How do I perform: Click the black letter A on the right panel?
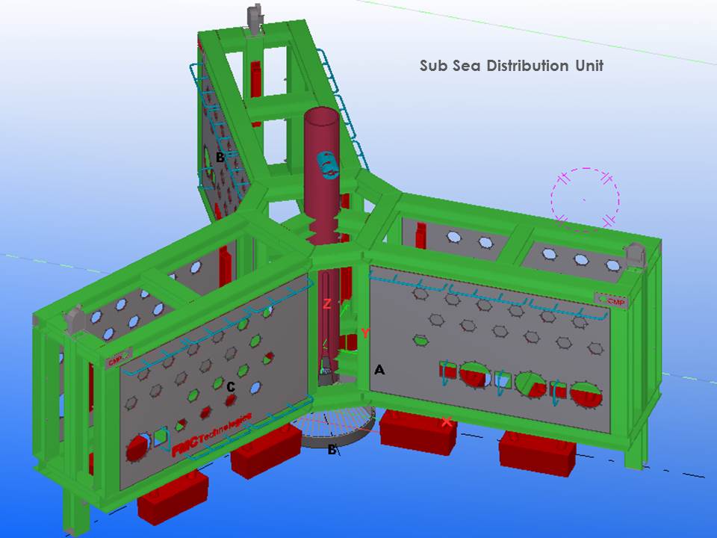tap(379, 370)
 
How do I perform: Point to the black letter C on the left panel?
tap(231, 386)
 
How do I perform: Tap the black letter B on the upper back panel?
tap(220, 158)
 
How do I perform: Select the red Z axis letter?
tap(326, 303)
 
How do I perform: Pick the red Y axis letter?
tap(364, 333)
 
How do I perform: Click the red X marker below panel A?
tap(447, 422)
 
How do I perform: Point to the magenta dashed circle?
tap(586, 199)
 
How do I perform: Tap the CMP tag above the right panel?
tap(612, 300)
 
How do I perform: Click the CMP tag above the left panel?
tap(116, 361)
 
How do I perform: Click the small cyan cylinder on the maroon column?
tap(327, 165)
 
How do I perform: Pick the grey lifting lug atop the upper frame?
tap(253, 16)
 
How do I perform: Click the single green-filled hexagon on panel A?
tap(420, 340)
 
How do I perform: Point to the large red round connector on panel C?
tap(137, 448)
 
